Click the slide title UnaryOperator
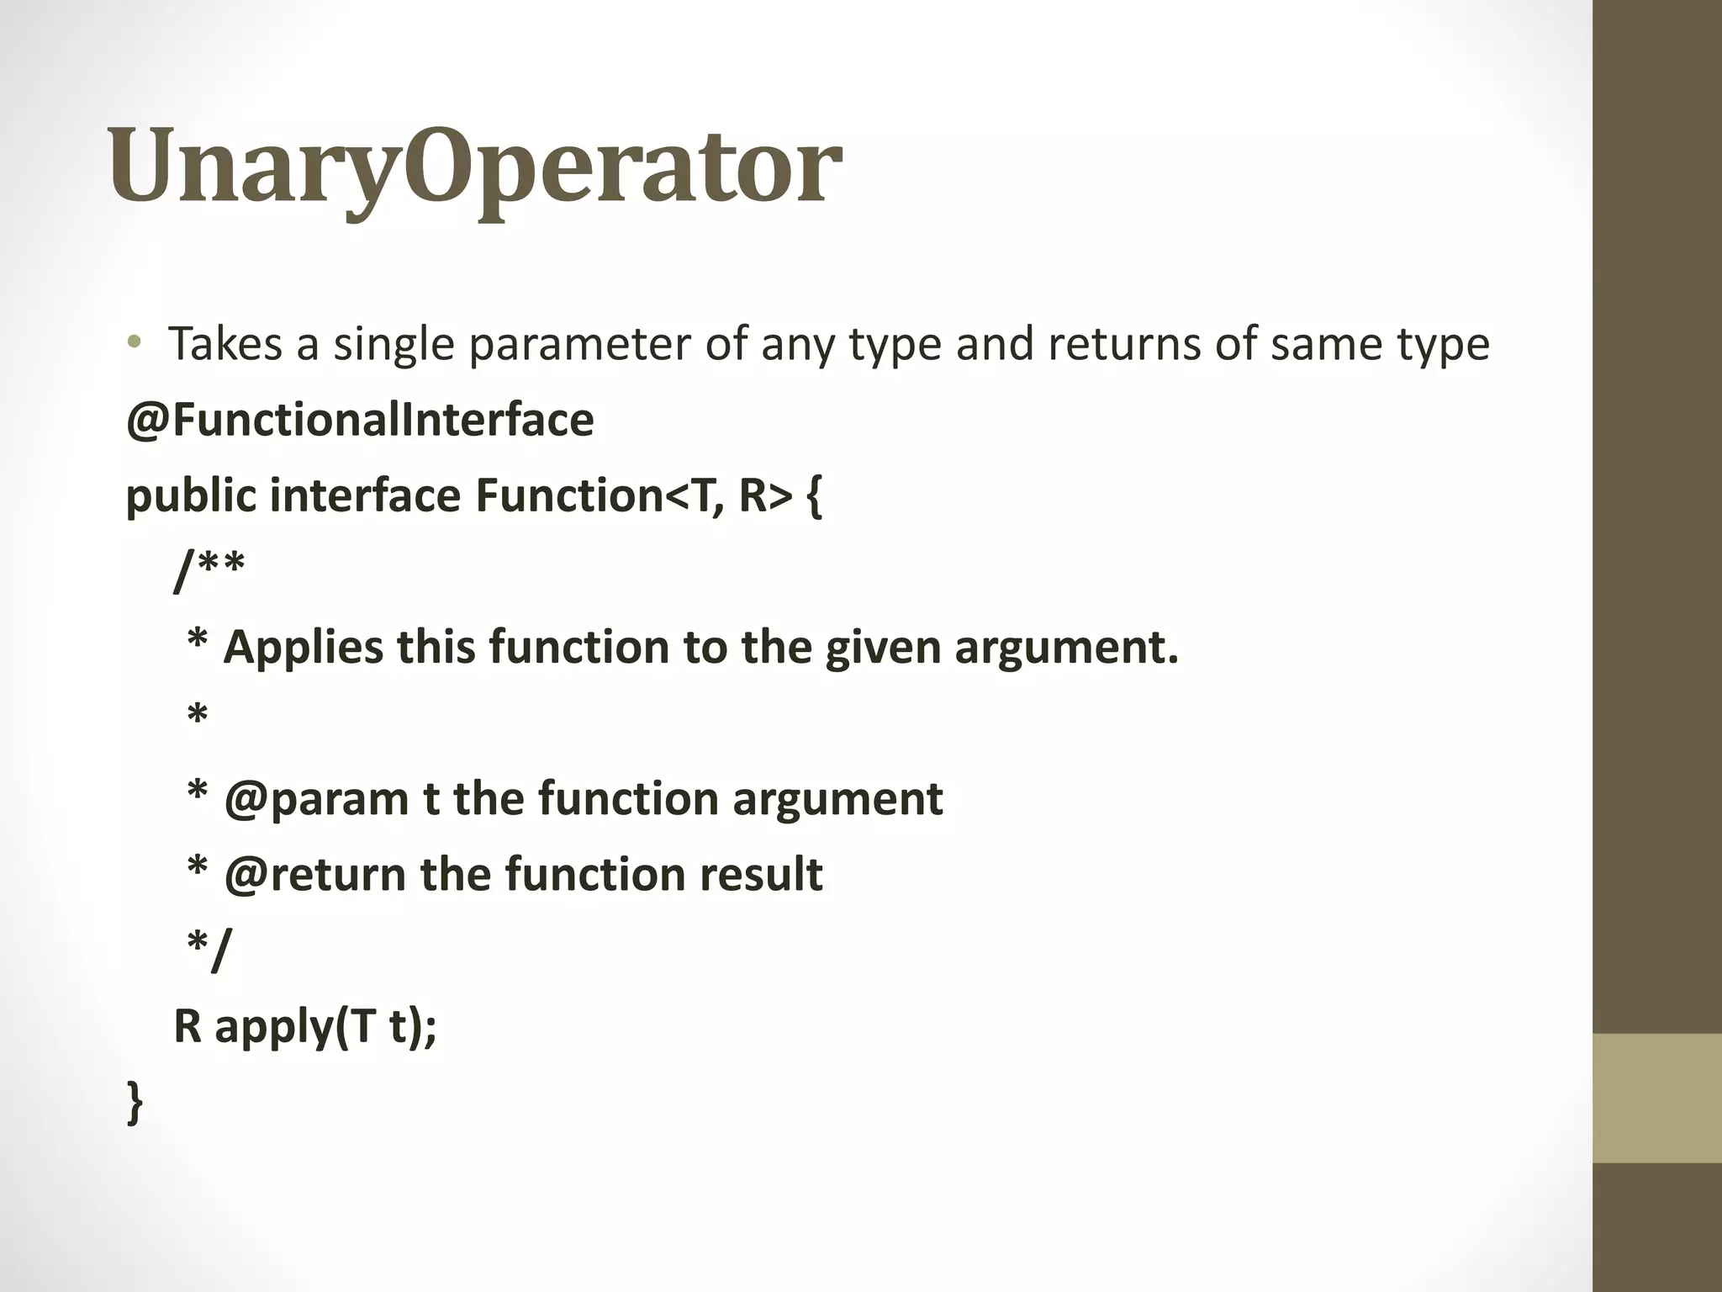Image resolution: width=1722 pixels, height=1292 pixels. tap(475, 167)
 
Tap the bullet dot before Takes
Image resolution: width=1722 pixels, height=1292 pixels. tap(134, 342)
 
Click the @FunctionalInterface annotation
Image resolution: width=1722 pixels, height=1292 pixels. tap(360, 420)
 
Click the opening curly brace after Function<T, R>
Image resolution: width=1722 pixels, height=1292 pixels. tap(813, 496)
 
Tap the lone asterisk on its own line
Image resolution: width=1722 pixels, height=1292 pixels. tap(197, 717)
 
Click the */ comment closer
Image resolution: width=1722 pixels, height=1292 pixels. tap(208, 949)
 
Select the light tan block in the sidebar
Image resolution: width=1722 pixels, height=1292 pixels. tap(1657, 1098)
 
